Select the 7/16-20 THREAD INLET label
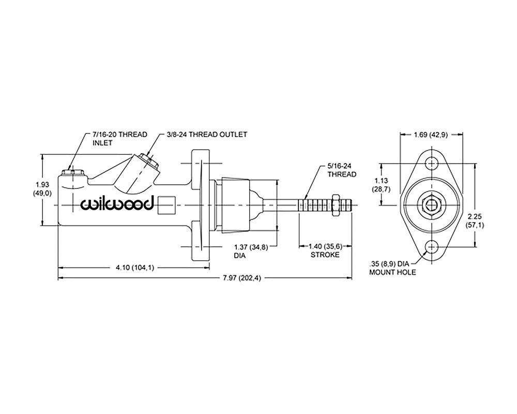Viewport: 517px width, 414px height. point(119,138)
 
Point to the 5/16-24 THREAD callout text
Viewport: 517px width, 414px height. point(341,170)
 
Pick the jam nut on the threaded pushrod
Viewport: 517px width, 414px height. point(335,204)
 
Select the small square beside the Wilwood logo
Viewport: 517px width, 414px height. point(167,205)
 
